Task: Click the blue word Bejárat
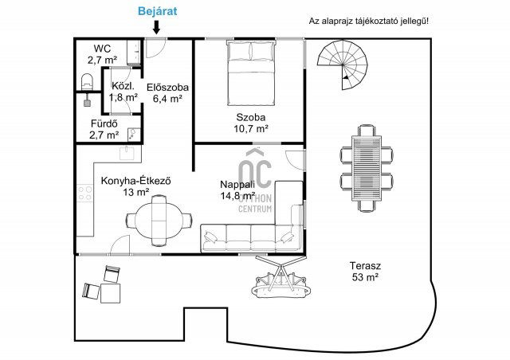pos(158,11)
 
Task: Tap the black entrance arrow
pos(156,27)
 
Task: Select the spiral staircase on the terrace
pos(343,65)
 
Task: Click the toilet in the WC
pos(87,81)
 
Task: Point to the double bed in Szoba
pos(251,73)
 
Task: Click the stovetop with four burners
pos(85,193)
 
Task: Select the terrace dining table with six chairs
pos(367,169)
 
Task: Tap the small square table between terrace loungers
pos(110,293)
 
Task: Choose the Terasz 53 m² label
pos(365,272)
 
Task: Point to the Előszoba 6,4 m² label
pos(167,92)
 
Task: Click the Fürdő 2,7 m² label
pos(104,129)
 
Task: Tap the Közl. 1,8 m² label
pos(123,92)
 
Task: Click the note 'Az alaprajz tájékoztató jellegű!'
pos(369,22)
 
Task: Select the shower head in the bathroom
pos(87,100)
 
